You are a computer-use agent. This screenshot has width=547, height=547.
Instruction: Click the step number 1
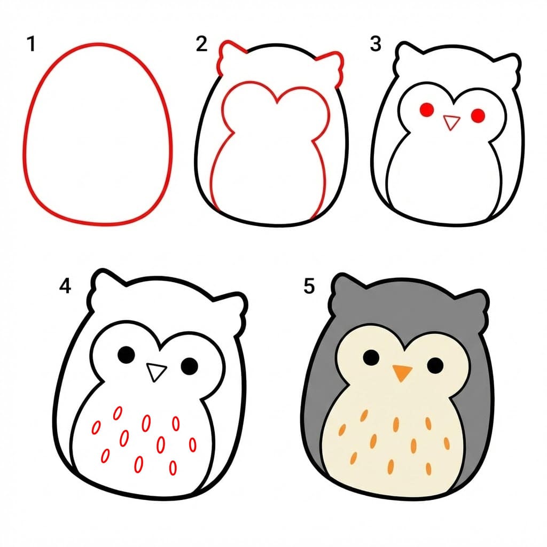click(x=32, y=44)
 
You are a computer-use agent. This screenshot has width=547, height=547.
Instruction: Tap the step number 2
click(x=201, y=44)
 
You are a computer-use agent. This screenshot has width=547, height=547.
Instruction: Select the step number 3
click(x=376, y=44)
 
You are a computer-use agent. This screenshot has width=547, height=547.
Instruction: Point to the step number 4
click(x=65, y=286)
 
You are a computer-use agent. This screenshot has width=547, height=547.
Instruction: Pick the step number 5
click(x=309, y=286)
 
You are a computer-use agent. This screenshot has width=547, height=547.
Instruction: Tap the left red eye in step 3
click(x=426, y=111)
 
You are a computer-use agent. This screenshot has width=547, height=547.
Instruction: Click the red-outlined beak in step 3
click(x=452, y=122)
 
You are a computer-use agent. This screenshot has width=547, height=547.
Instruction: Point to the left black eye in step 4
click(x=126, y=354)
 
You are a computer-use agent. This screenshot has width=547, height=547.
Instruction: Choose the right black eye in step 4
click(x=189, y=365)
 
